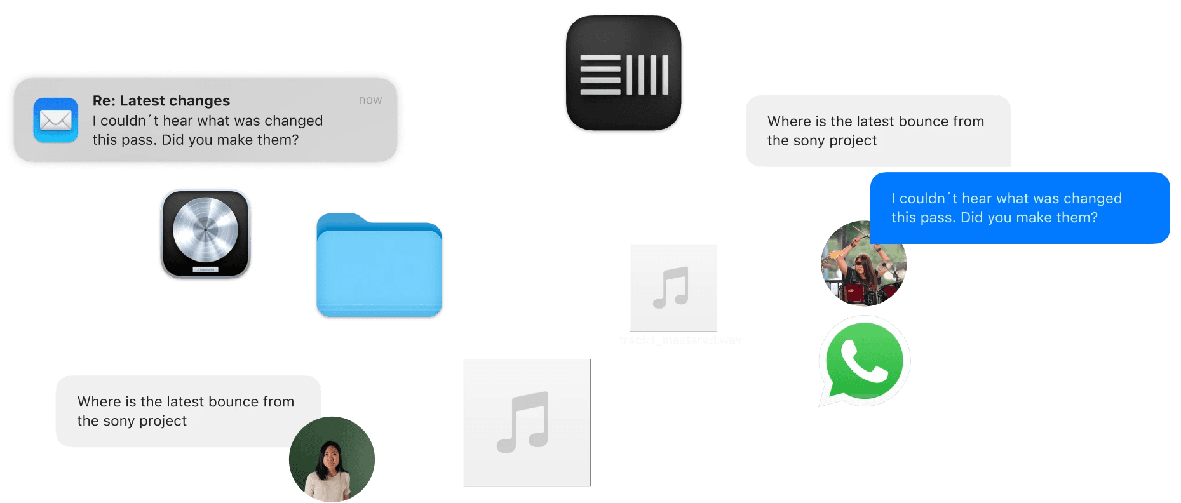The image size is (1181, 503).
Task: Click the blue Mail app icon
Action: click(56, 120)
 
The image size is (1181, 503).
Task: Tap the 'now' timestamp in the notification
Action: click(370, 100)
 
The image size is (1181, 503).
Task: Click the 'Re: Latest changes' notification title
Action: click(161, 100)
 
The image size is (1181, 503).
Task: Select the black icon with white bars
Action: click(623, 74)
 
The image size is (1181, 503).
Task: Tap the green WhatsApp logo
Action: click(864, 360)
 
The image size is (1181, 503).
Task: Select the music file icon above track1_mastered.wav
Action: click(673, 287)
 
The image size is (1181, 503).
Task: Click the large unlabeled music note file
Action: click(526, 422)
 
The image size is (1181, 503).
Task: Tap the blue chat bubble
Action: click(1019, 208)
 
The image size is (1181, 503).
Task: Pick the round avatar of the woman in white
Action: click(331, 459)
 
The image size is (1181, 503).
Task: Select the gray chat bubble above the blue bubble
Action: click(877, 131)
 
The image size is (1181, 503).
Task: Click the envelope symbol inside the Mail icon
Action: click(56, 120)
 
